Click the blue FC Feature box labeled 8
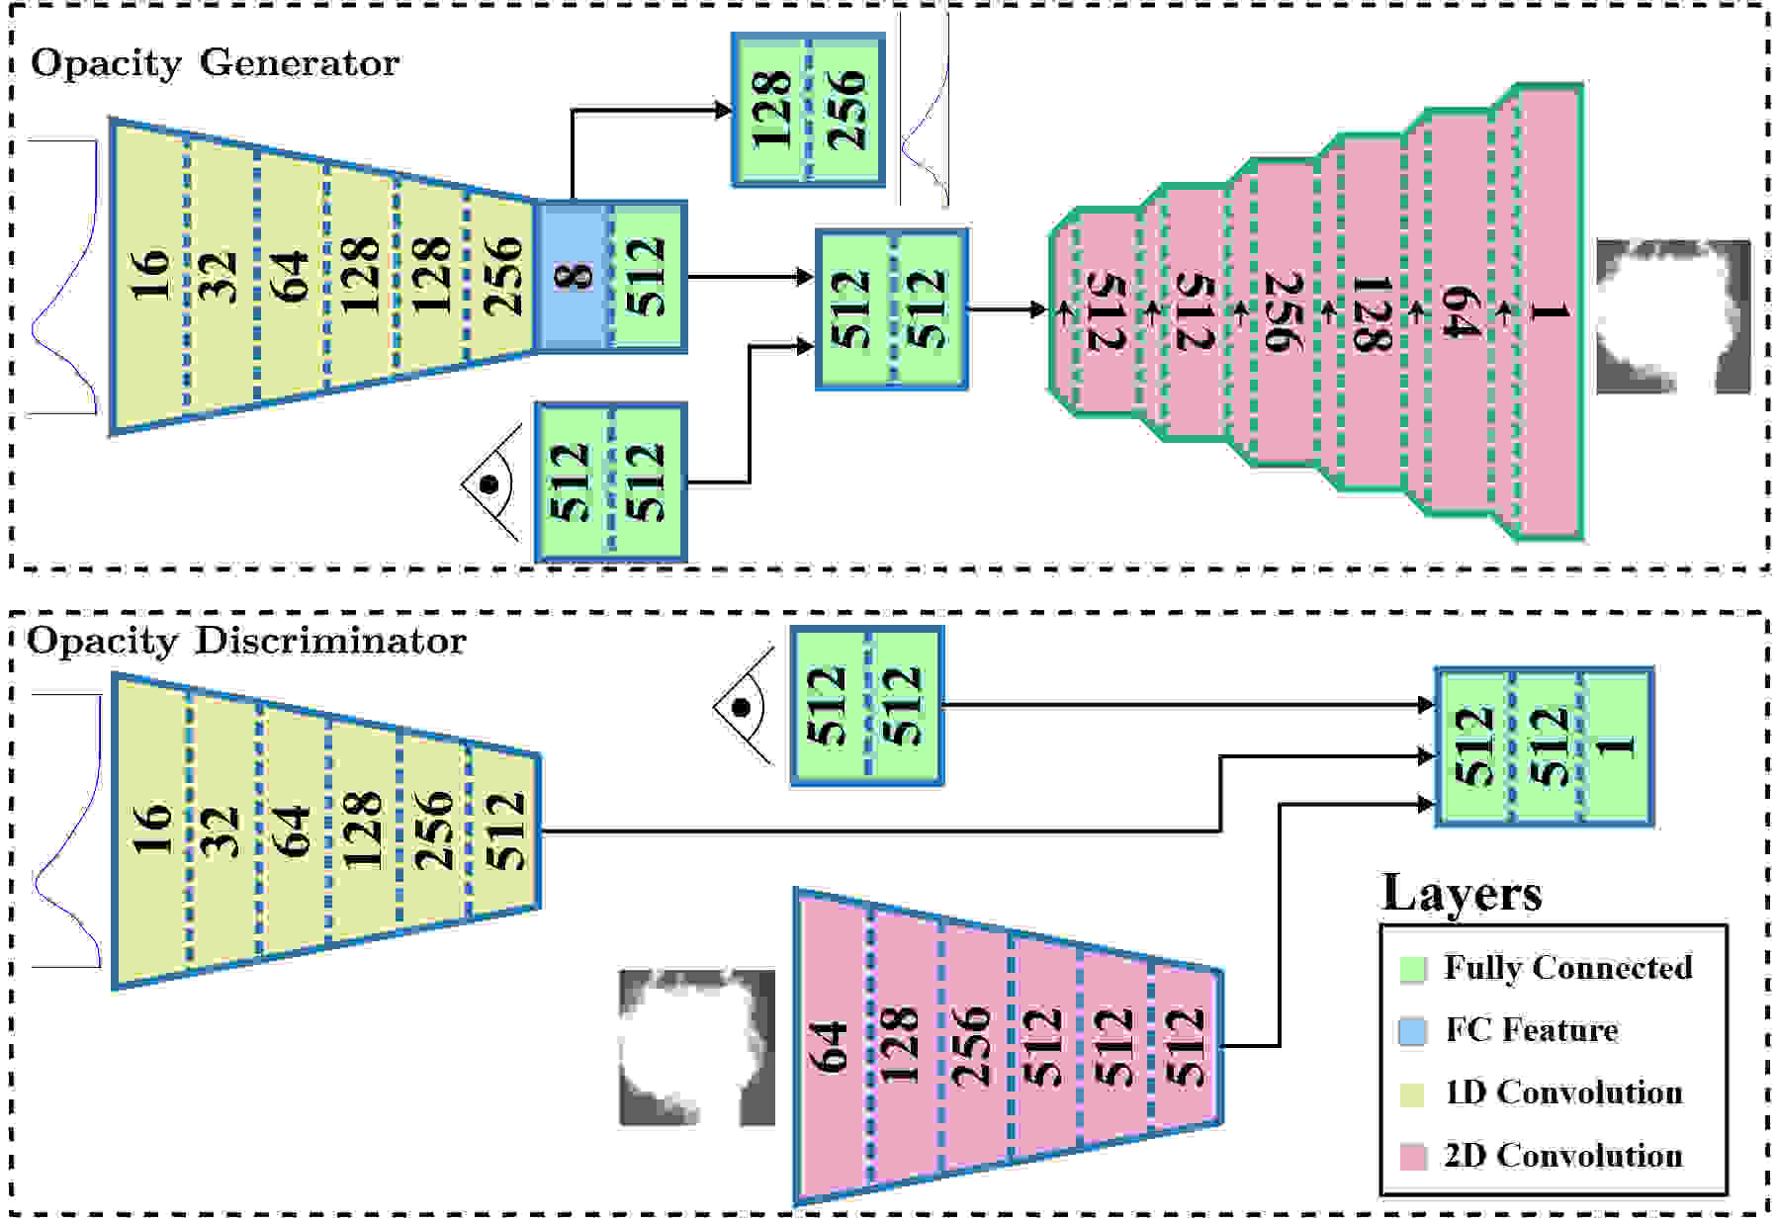point(573,276)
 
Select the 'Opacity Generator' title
point(215,63)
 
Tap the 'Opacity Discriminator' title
point(246,641)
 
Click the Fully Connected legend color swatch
point(1413,969)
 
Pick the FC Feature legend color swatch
point(1413,1031)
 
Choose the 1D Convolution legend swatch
point(1413,1093)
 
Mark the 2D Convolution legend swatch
point(1413,1157)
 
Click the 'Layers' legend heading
point(1462,893)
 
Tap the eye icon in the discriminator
point(744,706)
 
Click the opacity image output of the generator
point(1673,316)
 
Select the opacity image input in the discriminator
point(697,1048)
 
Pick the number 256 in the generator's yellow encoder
point(503,275)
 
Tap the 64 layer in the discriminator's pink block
point(831,1047)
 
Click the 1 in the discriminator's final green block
point(1618,745)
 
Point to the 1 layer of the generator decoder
point(1550,312)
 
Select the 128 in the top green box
point(771,109)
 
